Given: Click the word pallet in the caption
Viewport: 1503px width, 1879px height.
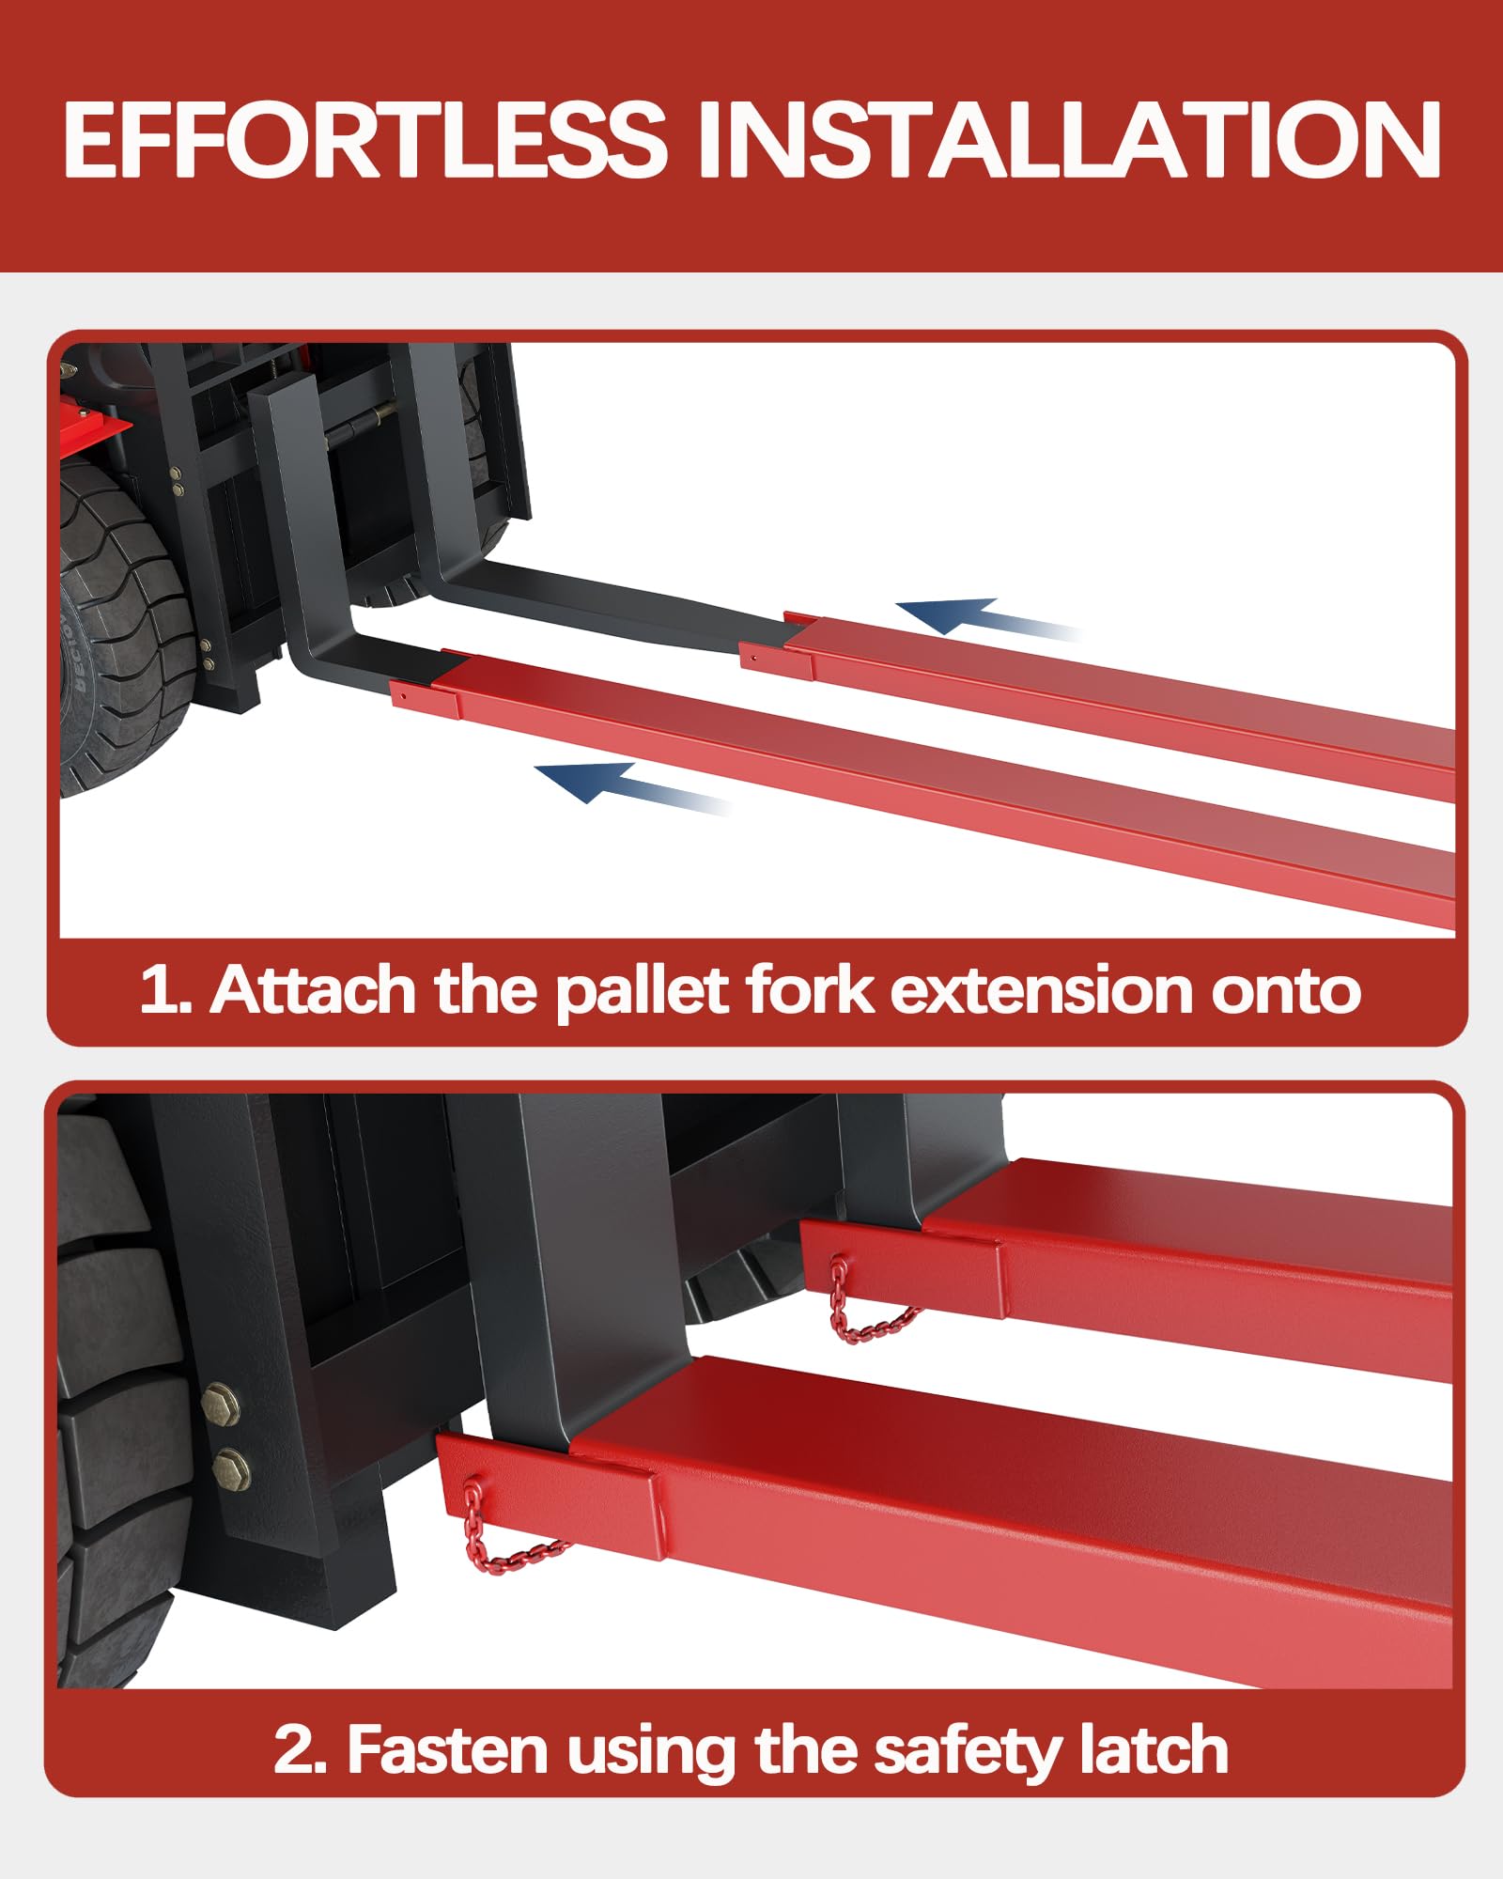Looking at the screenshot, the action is tap(643, 991).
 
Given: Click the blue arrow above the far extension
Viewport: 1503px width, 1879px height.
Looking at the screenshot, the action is tap(986, 617).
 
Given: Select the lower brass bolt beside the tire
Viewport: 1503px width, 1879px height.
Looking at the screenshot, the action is tap(231, 1467).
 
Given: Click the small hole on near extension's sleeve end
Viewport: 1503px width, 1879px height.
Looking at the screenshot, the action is tap(402, 696).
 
